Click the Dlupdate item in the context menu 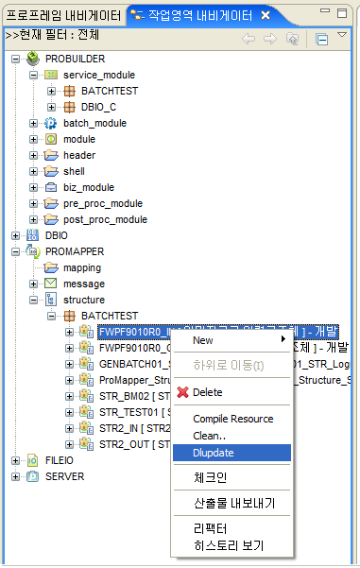[x=214, y=453]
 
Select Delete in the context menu [x=207, y=392]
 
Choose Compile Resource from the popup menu [x=232, y=419]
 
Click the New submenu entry [x=203, y=340]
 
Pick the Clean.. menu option [x=210, y=436]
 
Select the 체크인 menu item [x=211, y=478]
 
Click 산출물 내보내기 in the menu [x=233, y=504]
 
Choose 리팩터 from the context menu [x=211, y=528]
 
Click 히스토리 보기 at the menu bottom [x=228, y=545]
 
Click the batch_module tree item [x=94, y=123]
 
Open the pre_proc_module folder [x=103, y=203]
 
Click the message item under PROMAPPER [x=84, y=284]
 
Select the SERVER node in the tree [x=64, y=476]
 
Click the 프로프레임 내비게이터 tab [x=62, y=15]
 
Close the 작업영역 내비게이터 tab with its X [x=266, y=15]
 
